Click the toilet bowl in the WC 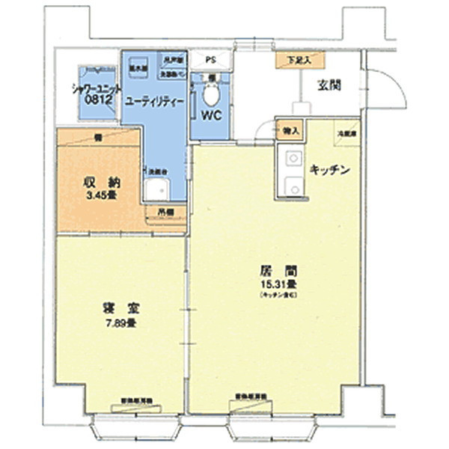(211, 96)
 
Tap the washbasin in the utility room (158, 189)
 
